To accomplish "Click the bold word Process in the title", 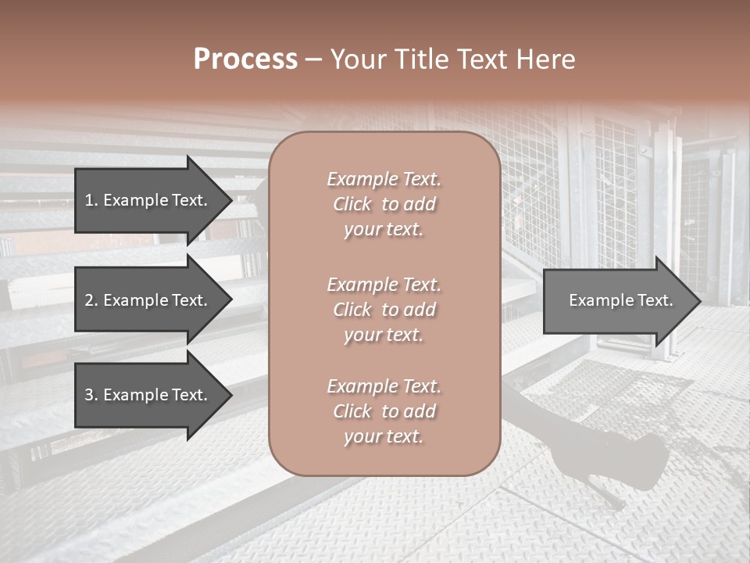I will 245,59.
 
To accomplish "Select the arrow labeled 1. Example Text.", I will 148,200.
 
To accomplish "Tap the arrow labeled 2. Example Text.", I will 148,300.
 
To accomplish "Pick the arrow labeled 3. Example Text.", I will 148,396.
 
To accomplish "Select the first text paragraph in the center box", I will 384,204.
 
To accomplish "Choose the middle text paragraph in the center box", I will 384,310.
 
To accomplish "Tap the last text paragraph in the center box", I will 384,411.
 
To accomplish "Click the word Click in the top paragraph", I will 352,204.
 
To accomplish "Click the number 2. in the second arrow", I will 91,300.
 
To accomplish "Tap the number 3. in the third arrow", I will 91,396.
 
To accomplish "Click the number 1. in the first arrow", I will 91,200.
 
